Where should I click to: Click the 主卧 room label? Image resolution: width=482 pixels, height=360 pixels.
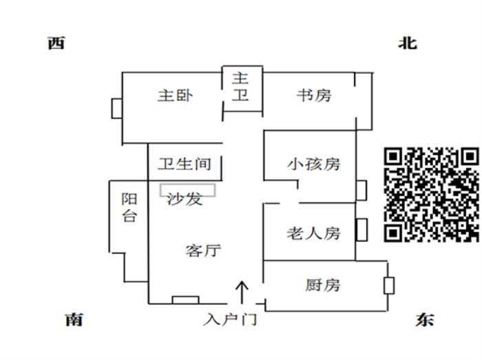pyautogui.click(x=175, y=96)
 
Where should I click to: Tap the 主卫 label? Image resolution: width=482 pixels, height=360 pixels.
pyautogui.click(x=240, y=87)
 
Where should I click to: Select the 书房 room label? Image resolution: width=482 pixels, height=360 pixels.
pyautogui.click(x=313, y=95)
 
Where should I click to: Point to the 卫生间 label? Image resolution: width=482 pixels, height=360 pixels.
pyautogui.click(x=184, y=165)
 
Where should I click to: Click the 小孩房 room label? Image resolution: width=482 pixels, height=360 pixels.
pyautogui.click(x=314, y=165)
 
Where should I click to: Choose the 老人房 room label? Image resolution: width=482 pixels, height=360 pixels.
pyautogui.click(x=313, y=233)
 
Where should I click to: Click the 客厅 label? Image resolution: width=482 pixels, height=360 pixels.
pyautogui.click(x=203, y=250)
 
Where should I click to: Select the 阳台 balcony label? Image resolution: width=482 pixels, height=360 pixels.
pyautogui.click(x=129, y=207)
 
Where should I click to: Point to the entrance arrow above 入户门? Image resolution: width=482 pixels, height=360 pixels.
pyautogui.click(x=242, y=291)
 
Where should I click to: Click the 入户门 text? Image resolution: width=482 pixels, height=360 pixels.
pyautogui.click(x=230, y=320)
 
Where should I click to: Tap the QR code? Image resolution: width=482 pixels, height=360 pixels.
pyautogui.click(x=431, y=195)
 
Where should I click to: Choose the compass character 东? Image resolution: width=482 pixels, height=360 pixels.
pyautogui.click(x=425, y=320)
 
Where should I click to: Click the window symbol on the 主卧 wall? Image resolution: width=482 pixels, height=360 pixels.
pyautogui.click(x=116, y=109)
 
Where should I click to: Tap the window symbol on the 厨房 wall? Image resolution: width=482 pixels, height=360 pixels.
pyautogui.click(x=389, y=285)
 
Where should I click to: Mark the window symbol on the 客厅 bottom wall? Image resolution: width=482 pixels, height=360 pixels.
pyautogui.click(x=185, y=299)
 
